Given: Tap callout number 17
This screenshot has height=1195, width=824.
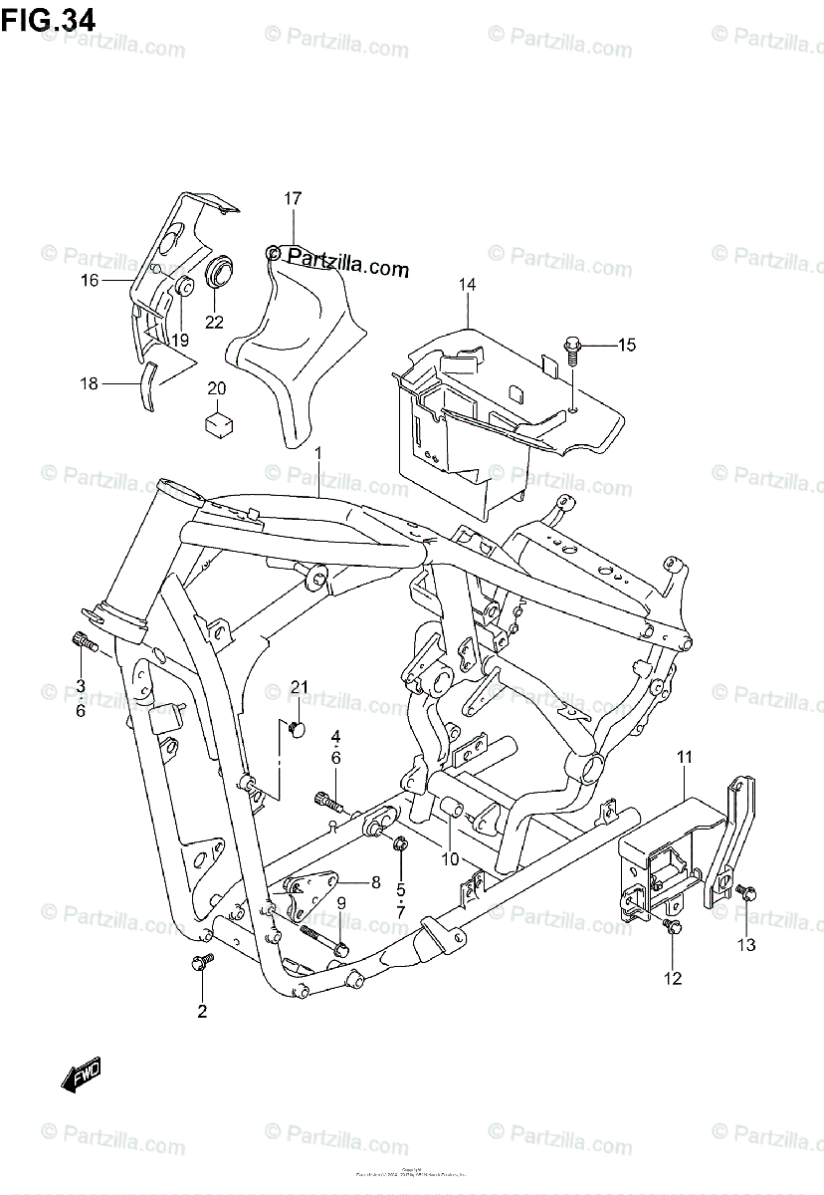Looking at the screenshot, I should point(292,199).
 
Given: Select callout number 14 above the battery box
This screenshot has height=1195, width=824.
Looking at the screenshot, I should point(467,286).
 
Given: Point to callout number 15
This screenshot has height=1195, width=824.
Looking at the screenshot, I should point(625,346).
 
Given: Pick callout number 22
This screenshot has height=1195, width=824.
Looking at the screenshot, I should point(214,322).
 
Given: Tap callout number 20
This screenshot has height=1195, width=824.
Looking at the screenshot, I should point(217,388).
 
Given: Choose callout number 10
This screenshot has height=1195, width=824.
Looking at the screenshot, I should point(450,859).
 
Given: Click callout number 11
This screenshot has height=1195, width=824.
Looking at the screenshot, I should point(685,760).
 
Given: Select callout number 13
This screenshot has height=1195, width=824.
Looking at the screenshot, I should point(746,944).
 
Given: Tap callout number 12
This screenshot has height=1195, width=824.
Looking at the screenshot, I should point(673,978).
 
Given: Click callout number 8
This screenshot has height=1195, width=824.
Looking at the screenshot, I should point(375,881).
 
